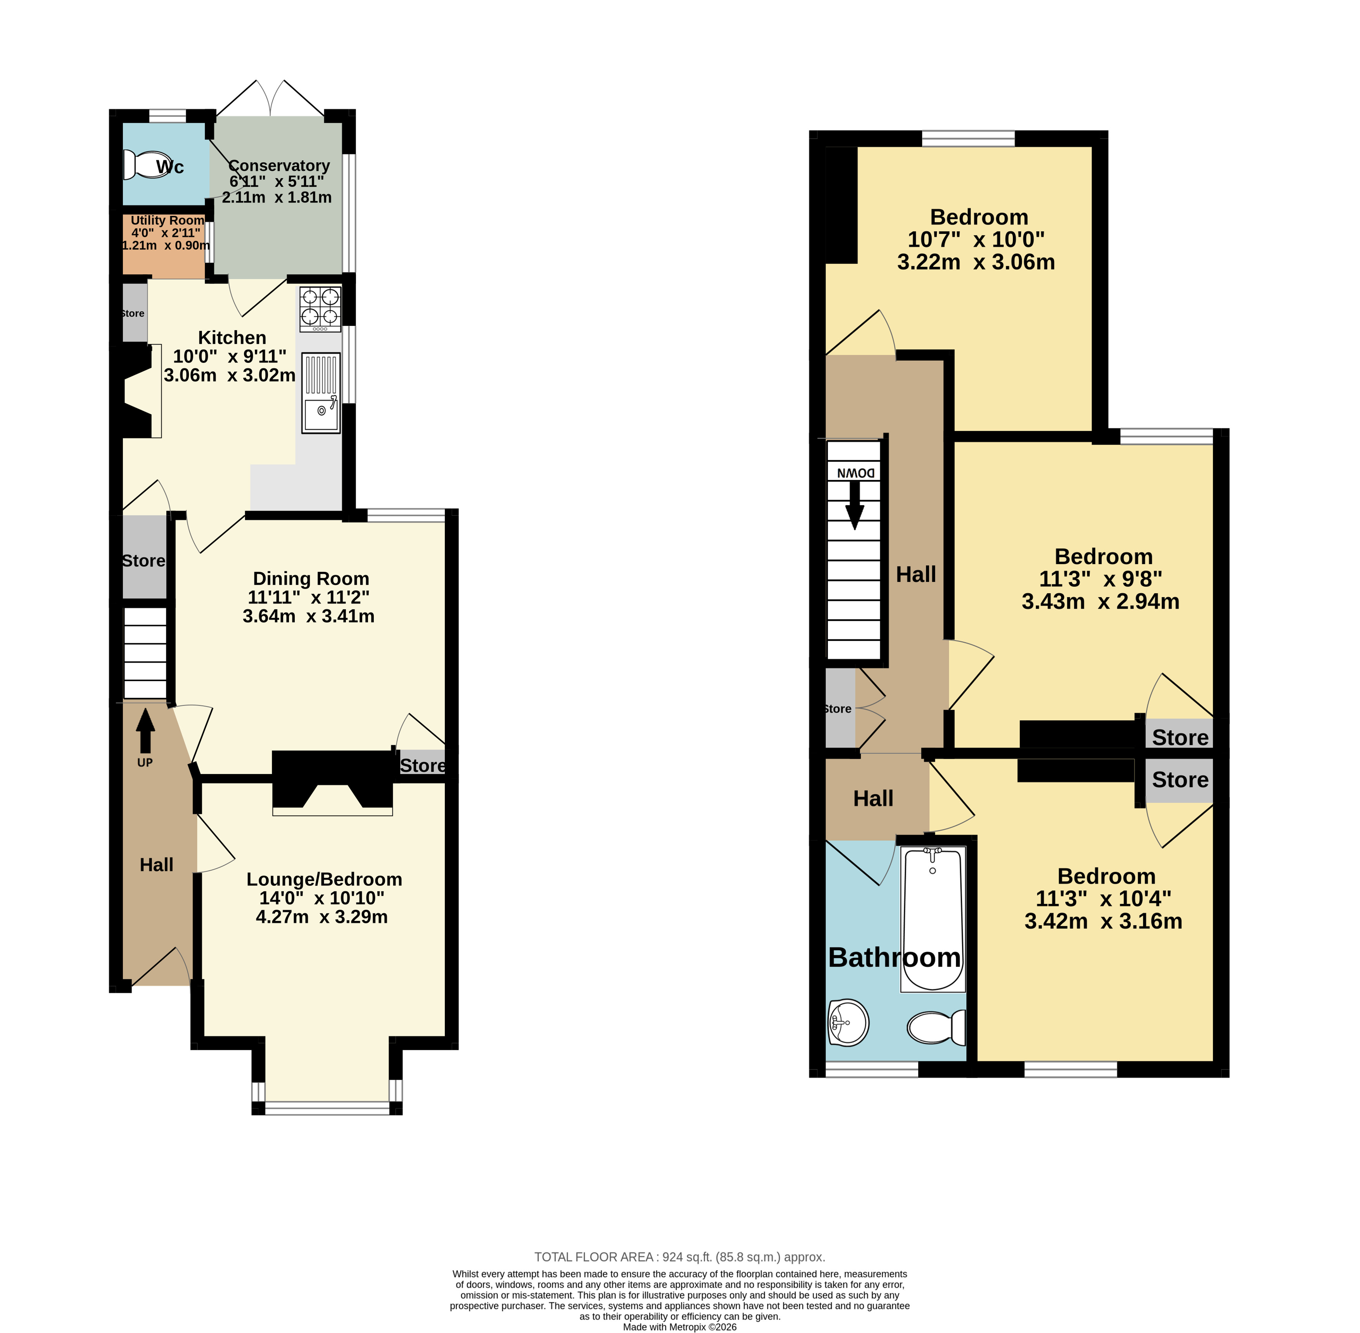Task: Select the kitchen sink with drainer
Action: [x=321, y=393]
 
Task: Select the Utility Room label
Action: [x=167, y=220]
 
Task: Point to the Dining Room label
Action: [x=311, y=578]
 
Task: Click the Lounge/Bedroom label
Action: [x=324, y=879]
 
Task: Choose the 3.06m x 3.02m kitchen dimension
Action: [x=230, y=375]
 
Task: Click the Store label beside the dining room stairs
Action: [x=143, y=561]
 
